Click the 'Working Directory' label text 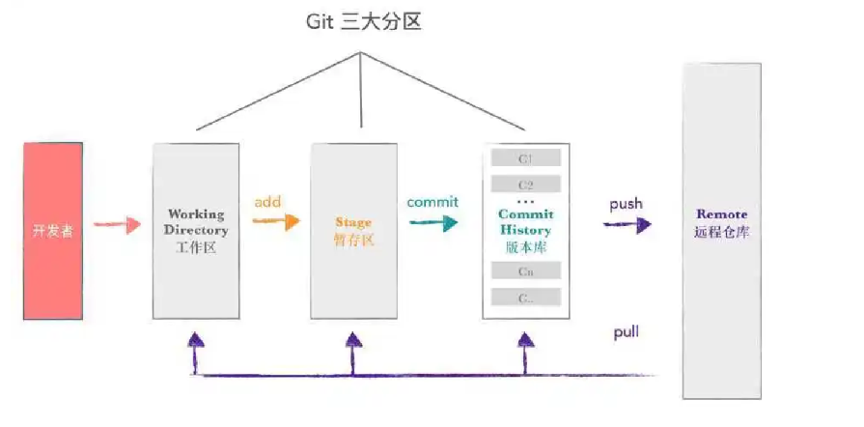[196, 222]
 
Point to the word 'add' [267, 203]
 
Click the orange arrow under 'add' [275, 221]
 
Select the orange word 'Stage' [353, 222]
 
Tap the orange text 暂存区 [353, 240]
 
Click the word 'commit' [432, 202]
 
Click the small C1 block [526, 158]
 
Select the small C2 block [526, 184]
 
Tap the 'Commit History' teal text [526, 221]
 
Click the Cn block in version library [526, 271]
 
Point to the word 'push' [626, 205]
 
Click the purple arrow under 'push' [627, 224]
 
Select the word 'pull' [626, 332]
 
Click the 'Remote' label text [721, 213]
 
